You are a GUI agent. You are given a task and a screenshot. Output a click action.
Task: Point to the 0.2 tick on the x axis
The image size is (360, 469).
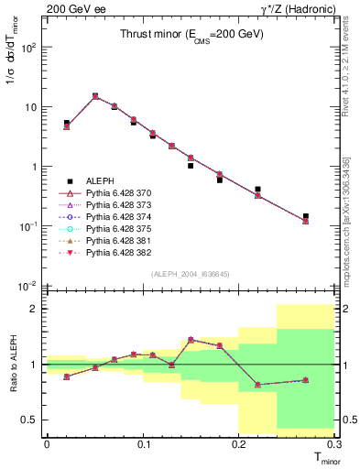(239, 444)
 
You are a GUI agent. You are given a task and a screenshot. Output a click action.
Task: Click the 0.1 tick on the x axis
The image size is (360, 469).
(143, 444)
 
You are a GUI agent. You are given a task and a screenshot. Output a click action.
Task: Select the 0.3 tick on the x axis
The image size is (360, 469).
(334, 444)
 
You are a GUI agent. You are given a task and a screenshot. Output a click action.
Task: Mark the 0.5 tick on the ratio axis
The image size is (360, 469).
(33, 420)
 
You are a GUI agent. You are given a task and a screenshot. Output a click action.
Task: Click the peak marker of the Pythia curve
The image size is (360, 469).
(95, 95)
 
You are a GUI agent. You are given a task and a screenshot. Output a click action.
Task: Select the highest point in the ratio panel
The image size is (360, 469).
(191, 339)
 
